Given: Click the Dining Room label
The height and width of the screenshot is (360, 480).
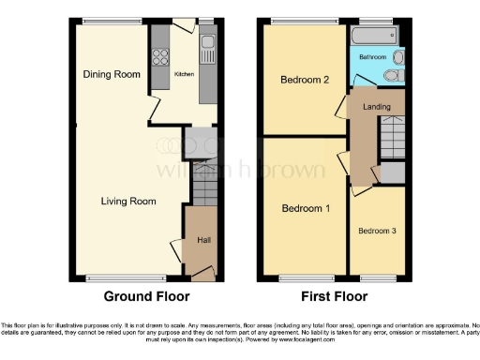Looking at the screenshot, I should click(x=105, y=74).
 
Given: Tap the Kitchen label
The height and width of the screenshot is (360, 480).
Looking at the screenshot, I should click(x=183, y=75).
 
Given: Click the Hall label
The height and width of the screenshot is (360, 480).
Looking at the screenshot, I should click(x=202, y=241).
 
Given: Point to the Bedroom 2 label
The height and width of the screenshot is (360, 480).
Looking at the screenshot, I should click(x=305, y=81).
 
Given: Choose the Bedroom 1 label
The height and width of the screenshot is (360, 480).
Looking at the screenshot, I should click(x=306, y=207).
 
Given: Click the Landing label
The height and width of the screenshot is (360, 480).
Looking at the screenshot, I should click(x=376, y=106).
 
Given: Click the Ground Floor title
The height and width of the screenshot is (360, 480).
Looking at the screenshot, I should click(x=146, y=296).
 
